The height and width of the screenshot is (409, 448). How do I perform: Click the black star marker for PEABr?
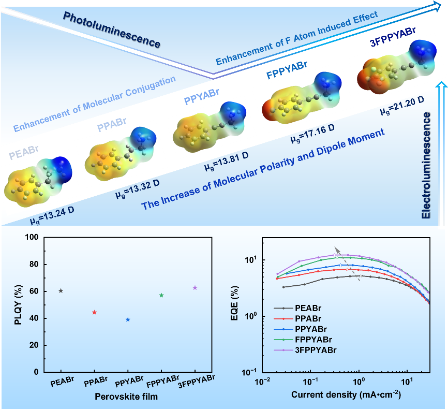click(61, 290)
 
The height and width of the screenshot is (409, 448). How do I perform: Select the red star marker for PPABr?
click(94, 312)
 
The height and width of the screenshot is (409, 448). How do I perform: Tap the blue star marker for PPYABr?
click(128, 319)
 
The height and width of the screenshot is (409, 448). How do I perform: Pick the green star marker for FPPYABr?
click(161, 295)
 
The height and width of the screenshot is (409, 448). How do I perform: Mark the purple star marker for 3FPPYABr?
click(195, 287)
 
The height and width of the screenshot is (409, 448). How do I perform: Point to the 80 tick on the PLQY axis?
click(34, 264)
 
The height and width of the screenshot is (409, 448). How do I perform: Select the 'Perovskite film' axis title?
click(127, 397)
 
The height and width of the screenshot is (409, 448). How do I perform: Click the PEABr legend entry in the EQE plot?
click(308, 307)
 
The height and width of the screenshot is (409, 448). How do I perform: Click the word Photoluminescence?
click(111, 30)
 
